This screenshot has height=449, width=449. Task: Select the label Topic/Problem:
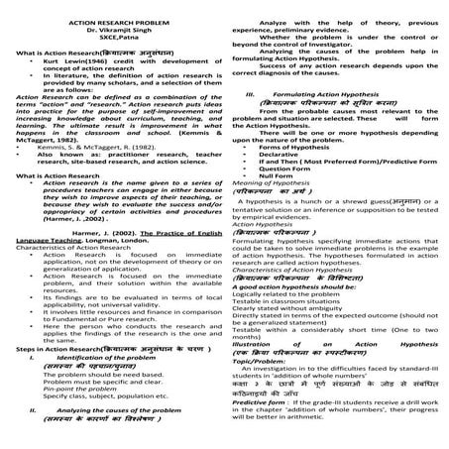tap(261, 390)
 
